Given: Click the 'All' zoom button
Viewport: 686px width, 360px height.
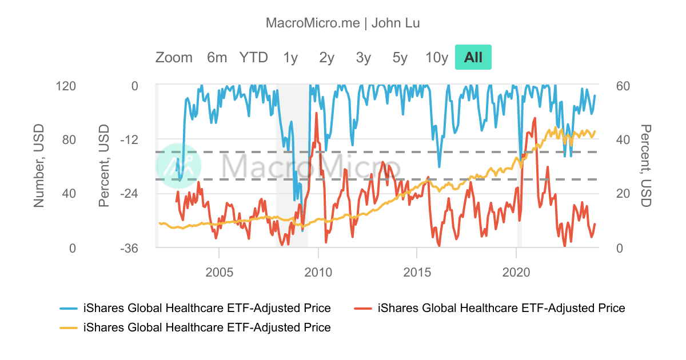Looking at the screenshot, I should pos(473,57).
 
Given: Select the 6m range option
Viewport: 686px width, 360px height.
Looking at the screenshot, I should pos(217,57).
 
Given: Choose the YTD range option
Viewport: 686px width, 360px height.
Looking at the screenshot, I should pos(253,57).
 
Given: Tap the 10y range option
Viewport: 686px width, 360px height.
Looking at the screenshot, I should pos(437,57).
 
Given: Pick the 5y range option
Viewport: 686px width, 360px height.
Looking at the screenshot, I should pos(400,57).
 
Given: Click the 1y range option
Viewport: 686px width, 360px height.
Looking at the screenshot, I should pos(290,57).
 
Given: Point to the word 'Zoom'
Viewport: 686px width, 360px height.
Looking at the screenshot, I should pos(174,57).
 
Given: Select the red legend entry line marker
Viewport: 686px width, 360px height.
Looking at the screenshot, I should pos(364,309).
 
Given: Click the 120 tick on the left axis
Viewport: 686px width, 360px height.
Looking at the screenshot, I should pos(66,86).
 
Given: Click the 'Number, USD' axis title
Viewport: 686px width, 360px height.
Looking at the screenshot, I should pos(39,166).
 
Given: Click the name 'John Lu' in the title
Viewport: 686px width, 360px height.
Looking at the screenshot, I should pos(396,23).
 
